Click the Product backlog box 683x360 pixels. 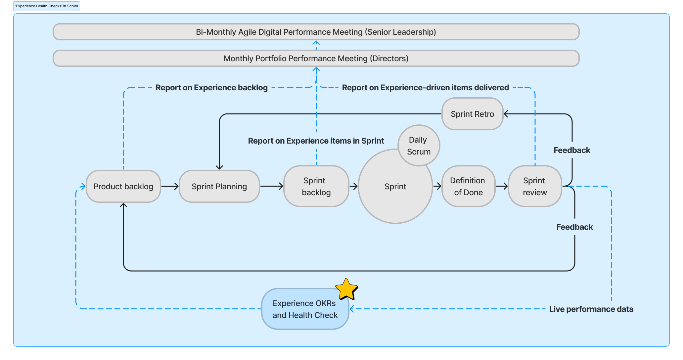pyautogui.click(x=123, y=186)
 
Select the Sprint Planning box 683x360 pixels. pyautogui.click(x=219, y=186)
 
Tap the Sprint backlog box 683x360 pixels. pyautogui.click(x=316, y=186)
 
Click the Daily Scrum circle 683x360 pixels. pyautogui.click(x=419, y=146)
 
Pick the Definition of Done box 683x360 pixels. pyautogui.click(x=468, y=186)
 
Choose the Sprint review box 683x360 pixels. pyautogui.click(x=534, y=186)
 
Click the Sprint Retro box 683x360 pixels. pyautogui.click(x=472, y=114)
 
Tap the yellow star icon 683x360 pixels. pyautogui.click(x=346, y=289)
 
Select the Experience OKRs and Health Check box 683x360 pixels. pyautogui.click(x=304, y=309)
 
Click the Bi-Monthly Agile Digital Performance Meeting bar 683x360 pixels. pyautogui.click(x=316, y=32)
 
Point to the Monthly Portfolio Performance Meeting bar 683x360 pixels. pyautogui.click(x=316, y=58)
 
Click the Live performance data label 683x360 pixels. pyautogui.click(x=591, y=309)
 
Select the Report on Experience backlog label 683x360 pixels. pyautogui.click(x=211, y=88)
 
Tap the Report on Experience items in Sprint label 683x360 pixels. pyautogui.click(x=316, y=141)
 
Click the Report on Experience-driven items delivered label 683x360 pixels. pyautogui.click(x=425, y=88)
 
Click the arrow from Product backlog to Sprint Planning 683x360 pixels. pyautogui.click(x=170, y=186)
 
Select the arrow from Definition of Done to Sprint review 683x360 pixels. pyautogui.click(x=502, y=186)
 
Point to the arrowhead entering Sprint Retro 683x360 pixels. pyautogui.click(x=506, y=114)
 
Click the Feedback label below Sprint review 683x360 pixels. pyautogui.click(x=574, y=227)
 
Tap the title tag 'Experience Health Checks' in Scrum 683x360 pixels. pyautogui.click(x=47, y=6)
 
